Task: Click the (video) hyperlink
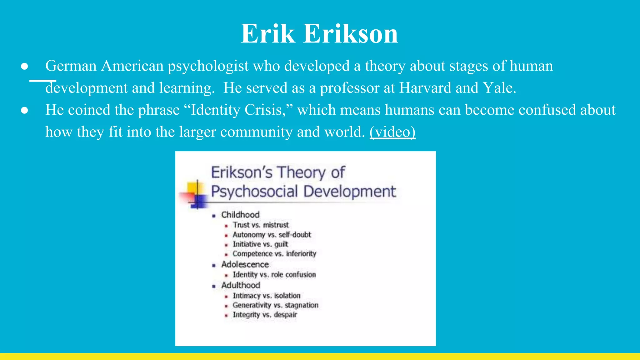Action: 392,132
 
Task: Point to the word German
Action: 71,66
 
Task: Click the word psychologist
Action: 208,66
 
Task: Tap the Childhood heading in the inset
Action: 240,215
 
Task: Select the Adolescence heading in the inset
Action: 245,264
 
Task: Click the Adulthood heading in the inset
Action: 241,285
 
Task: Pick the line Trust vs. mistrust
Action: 261,225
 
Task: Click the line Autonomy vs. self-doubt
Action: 272,235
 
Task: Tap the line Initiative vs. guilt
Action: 260,244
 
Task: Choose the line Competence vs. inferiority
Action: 274,254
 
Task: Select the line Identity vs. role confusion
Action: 274,275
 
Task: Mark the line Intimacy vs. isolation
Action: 266,296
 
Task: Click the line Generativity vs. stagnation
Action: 275,305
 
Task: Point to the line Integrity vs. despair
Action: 265,315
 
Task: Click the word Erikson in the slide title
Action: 351,34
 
